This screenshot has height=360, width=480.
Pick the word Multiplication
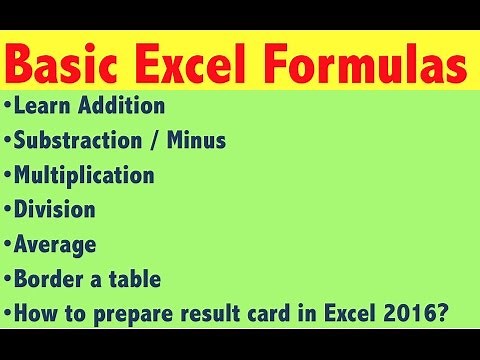[85, 176]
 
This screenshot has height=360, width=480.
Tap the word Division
[55, 211]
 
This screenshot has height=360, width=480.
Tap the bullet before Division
[8, 211]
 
